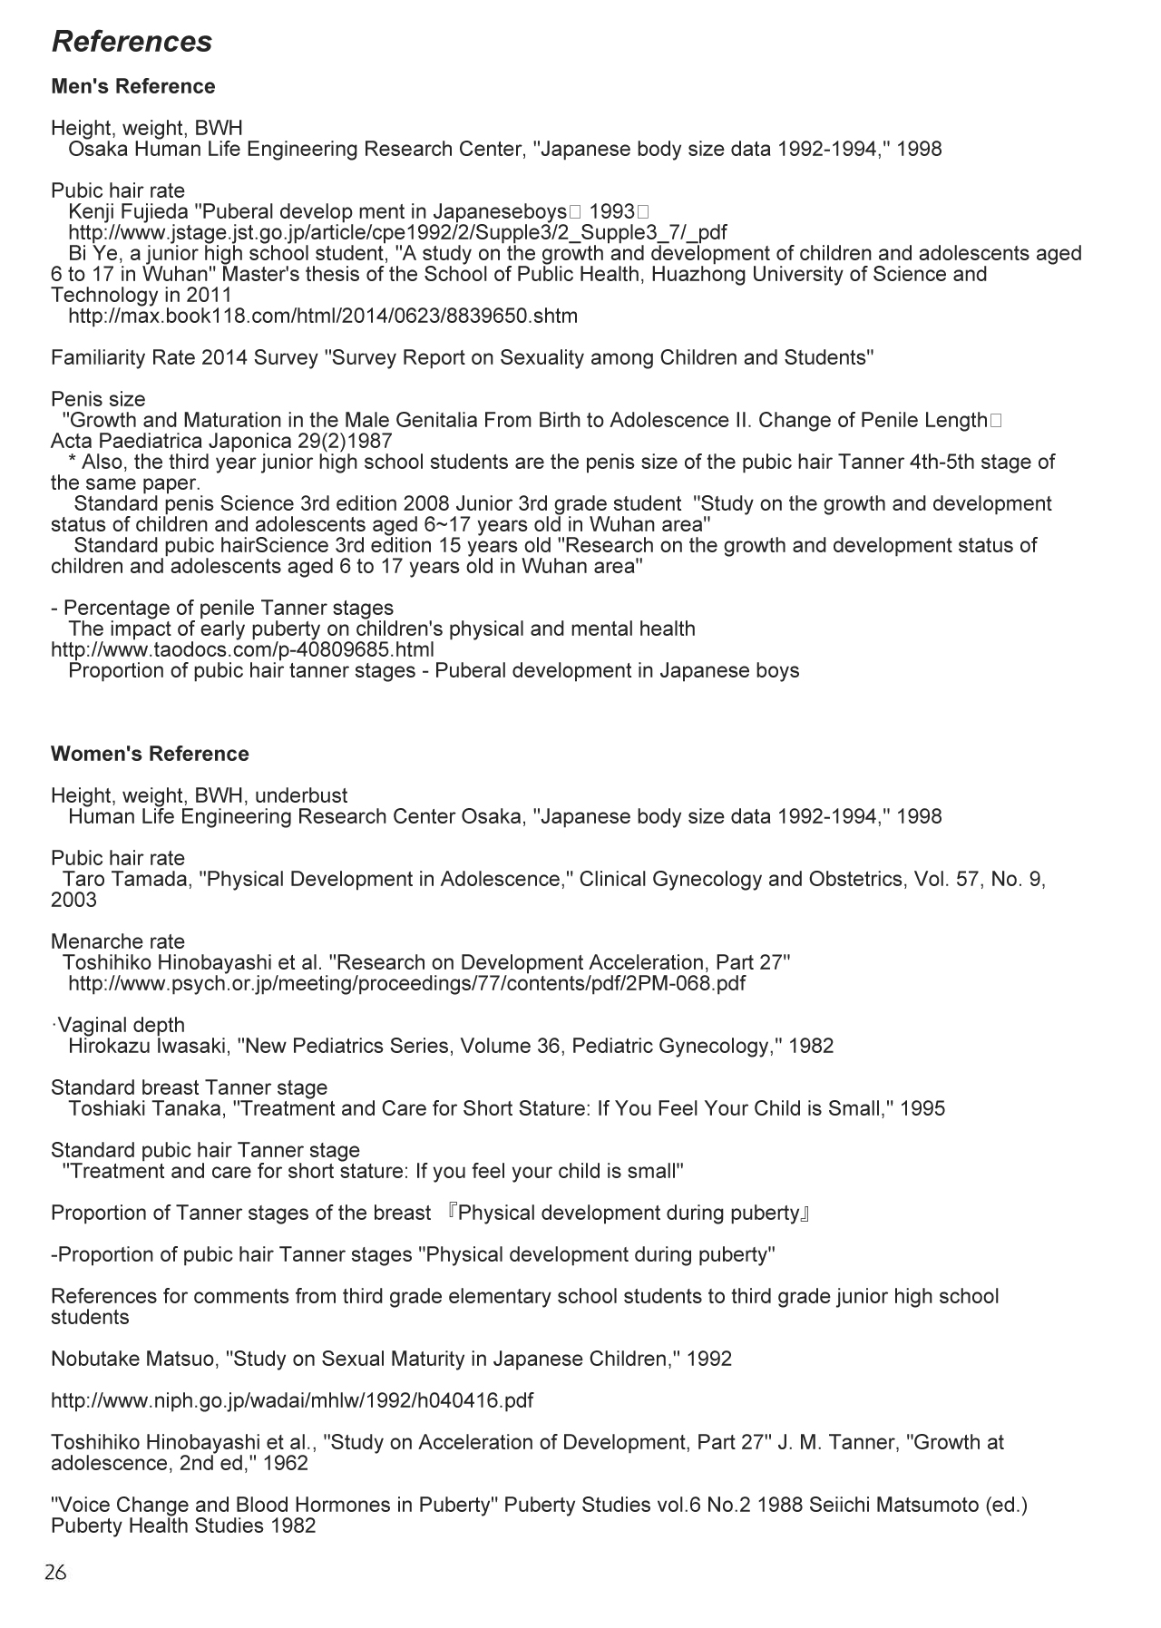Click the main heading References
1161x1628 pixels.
[x=132, y=42]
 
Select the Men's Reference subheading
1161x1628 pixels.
[x=133, y=87]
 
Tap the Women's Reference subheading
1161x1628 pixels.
[x=150, y=755]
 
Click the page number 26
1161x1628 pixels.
[x=55, y=1572]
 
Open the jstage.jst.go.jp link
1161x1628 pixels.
[x=397, y=233]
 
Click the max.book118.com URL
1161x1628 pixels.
[x=322, y=317]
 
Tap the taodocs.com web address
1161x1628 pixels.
[x=242, y=650]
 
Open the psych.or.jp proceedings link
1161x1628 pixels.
[x=406, y=984]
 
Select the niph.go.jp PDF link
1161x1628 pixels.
[x=292, y=1401]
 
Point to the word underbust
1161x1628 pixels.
[x=301, y=796]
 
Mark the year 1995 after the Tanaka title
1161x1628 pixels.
[x=922, y=1109]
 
